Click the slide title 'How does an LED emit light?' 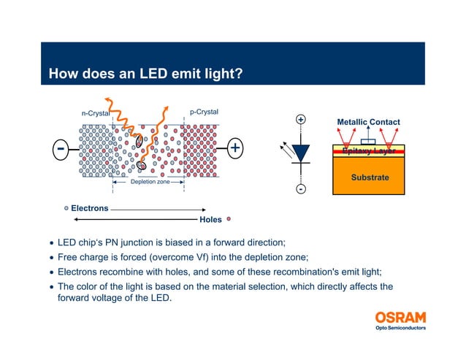[145, 74]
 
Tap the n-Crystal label [95, 113]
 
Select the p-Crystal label [204, 112]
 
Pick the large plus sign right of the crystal [235, 148]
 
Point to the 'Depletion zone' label [150, 181]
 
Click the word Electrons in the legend [89, 208]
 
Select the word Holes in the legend [210, 219]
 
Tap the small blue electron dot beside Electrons [66, 208]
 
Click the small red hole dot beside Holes [229, 218]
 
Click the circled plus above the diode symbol [300, 119]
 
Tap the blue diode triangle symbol [300, 152]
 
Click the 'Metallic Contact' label [368, 122]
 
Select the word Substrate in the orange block [369, 177]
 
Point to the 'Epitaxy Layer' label [369, 151]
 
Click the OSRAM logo [400, 318]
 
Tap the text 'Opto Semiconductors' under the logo [400, 328]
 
